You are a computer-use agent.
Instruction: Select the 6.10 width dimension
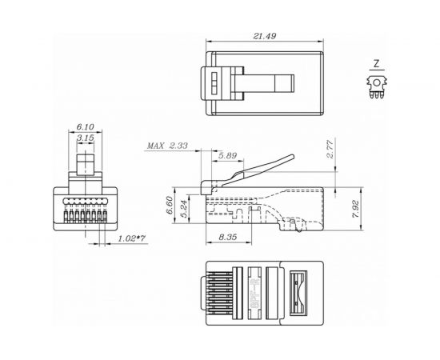point(89,127)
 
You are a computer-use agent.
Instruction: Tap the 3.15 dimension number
point(89,139)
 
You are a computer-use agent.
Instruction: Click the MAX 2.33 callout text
point(167,146)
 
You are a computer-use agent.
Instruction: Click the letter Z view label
point(375,64)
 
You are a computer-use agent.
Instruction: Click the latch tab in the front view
point(88,165)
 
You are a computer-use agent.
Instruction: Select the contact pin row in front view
point(88,213)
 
